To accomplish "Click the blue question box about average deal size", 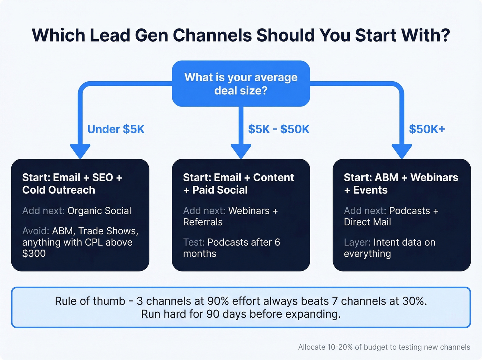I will [x=241, y=84].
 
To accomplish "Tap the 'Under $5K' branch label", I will [x=116, y=129].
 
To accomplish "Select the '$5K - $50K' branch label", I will [x=279, y=129].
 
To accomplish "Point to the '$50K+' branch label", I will [x=427, y=129].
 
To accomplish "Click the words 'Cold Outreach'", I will [x=59, y=190].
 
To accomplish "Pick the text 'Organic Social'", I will [x=99, y=210].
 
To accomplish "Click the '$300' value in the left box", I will [x=34, y=254].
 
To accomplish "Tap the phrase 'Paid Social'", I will [x=220, y=190].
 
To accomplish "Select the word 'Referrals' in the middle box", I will [x=203, y=222].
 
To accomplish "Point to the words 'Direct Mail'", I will [x=367, y=222].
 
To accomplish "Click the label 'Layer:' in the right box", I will [x=357, y=242].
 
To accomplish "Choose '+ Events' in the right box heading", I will [x=366, y=190].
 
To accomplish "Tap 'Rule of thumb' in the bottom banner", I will [x=90, y=301].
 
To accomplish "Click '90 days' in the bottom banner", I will [x=227, y=314].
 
